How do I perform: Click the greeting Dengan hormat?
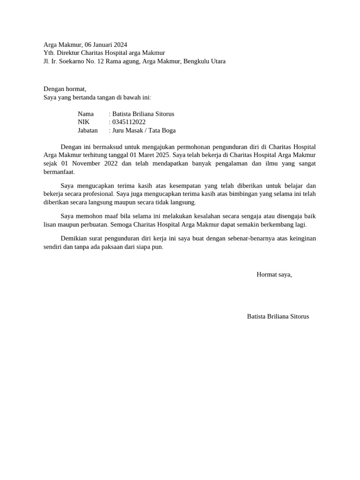[x=65, y=89]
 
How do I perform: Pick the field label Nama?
[x=86, y=114]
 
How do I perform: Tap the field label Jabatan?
[x=88, y=130]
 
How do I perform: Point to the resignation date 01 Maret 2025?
[x=149, y=155]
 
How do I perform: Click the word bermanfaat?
[x=59, y=172]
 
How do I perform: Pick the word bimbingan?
[x=246, y=193]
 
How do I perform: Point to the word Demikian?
[x=75, y=239]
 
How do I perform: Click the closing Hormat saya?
[x=274, y=274]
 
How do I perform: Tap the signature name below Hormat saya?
[x=278, y=316]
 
